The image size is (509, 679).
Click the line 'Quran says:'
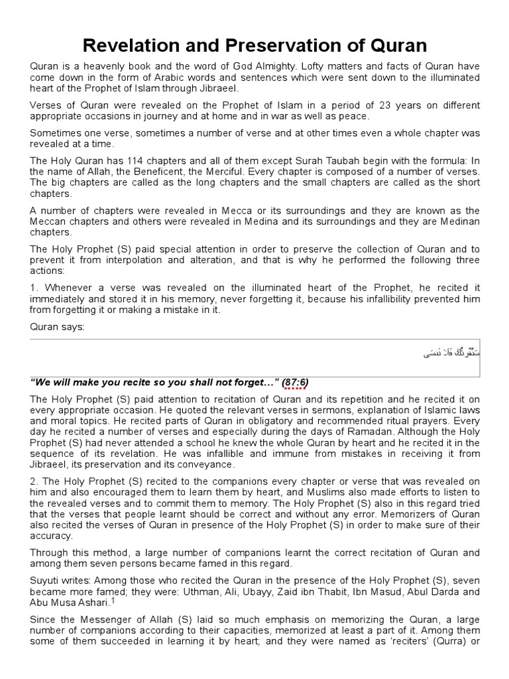pos(57,328)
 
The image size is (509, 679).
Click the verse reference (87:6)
pos(294,383)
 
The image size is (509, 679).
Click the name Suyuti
pos(45,576)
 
